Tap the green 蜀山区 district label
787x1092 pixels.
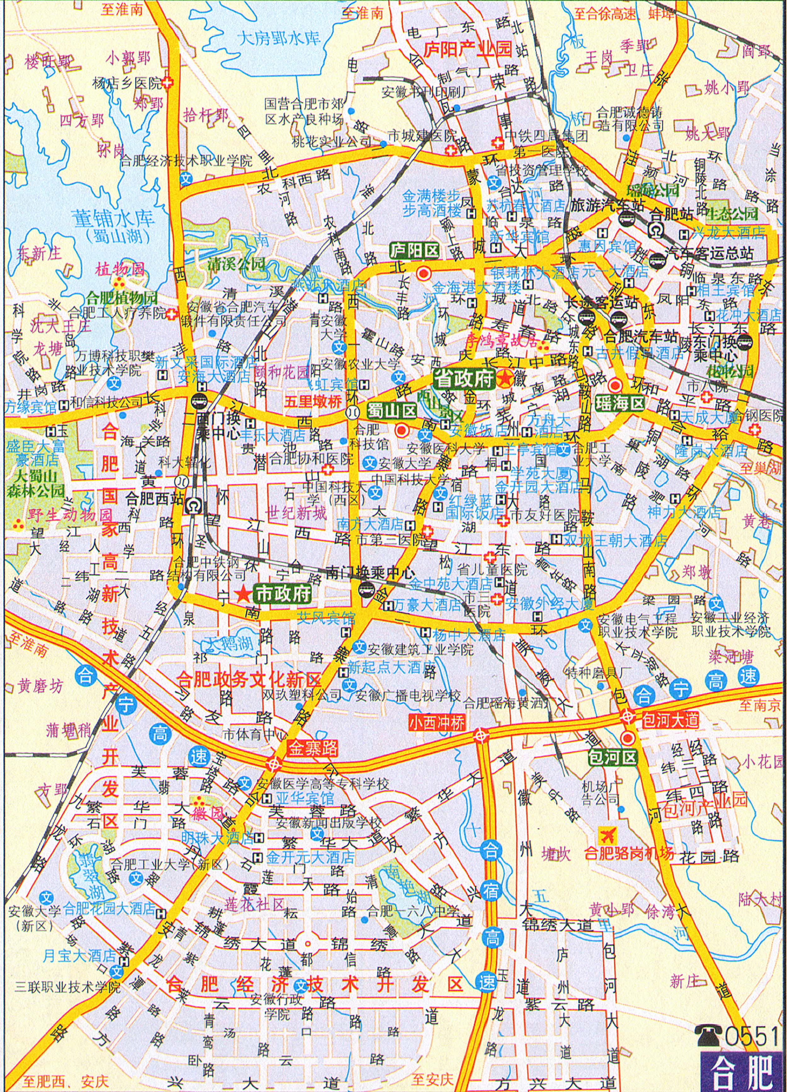tap(392, 411)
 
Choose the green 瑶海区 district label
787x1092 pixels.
tap(620, 403)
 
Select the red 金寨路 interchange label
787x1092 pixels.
tap(313, 748)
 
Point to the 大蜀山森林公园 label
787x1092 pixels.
tap(36, 483)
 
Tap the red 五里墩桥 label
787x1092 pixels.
tap(313, 401)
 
